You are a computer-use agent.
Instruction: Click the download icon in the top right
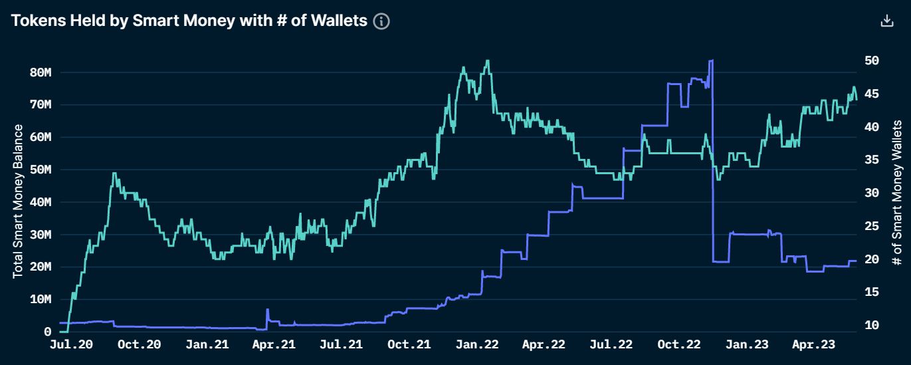click(x=886, y=21)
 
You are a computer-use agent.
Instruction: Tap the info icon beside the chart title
click(x=381, y=21)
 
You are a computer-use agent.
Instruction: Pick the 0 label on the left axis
click(x=47, y=331)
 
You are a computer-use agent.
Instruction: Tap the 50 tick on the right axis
click(x=872, y=61)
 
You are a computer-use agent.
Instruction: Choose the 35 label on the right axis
click(x=872, y=160)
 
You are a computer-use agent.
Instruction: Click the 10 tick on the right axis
click(x=872, y=325)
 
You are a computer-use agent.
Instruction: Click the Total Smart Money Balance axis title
click(x=18, y=201)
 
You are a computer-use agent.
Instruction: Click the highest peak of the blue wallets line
click(x=712, y=61)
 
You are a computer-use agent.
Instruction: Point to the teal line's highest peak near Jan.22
click(x=488, y=61)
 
